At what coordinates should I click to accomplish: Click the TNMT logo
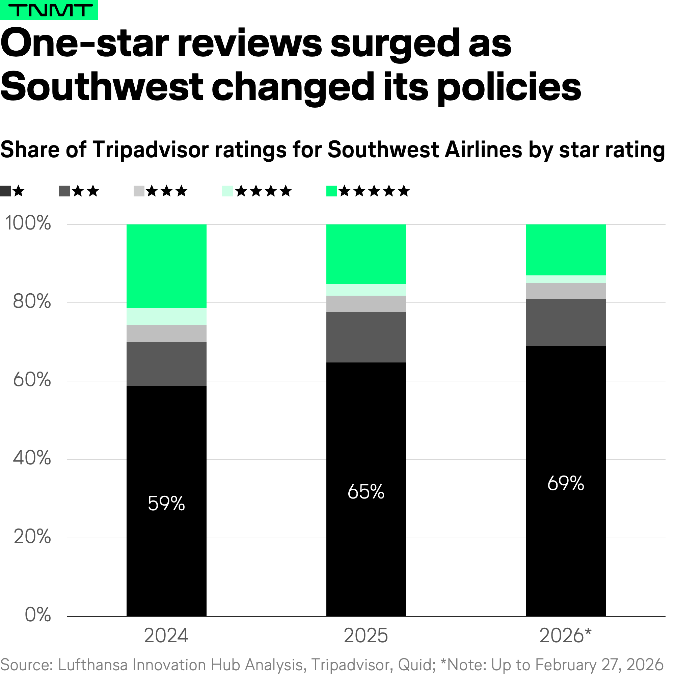pos(49,10)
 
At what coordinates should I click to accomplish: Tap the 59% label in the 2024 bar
pos(166,504)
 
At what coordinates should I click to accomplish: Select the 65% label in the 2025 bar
pos(366,492)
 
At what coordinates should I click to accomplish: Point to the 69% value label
pos(566,484)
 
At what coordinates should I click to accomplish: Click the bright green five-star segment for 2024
pos(166,266)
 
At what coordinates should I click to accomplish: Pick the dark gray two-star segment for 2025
pos(366,337)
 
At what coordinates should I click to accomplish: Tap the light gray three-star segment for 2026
pos(566,291)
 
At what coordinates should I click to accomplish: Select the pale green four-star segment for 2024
pos(166,317)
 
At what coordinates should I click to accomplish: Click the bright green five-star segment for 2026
pos(566,250)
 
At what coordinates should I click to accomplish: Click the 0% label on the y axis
pos(38,615)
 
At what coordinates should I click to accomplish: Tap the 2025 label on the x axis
pos(366,636)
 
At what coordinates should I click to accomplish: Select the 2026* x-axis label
pos(566,636)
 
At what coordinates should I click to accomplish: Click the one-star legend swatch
pos(6,191)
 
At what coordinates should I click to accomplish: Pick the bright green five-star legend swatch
pos(331,191)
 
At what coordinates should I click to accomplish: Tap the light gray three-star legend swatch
pos(139,191)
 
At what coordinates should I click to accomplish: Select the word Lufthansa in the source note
pos(92,665)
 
